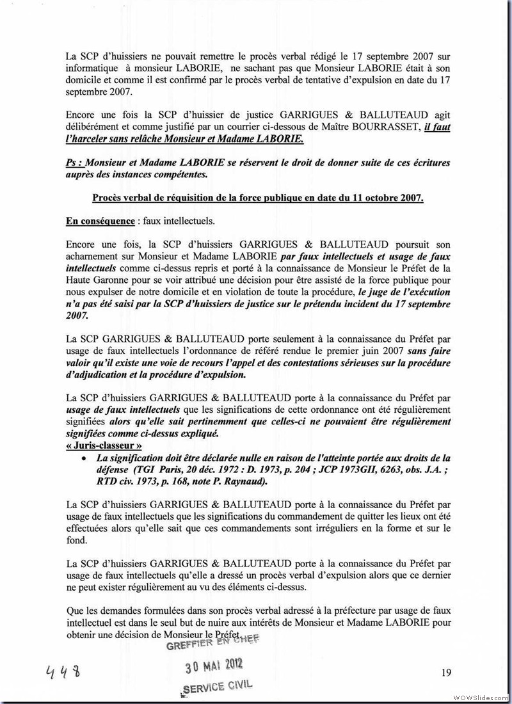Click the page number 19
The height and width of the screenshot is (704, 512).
coord(446,671)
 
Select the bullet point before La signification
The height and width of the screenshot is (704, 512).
coord(84,458)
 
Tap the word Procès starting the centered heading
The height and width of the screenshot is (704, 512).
coord(109,198)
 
